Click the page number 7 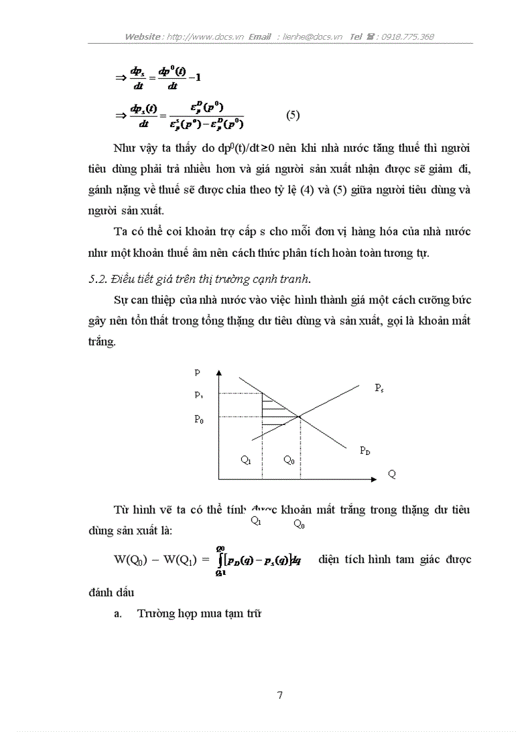(x=280, y=695)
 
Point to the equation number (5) (x=293, y=115)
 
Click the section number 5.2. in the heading (x=98, y=280)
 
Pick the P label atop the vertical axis (x=198, y=373)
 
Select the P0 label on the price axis (x=199, y=420)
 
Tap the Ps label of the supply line (x=379, y=388)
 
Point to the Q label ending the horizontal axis (x=392, y=475)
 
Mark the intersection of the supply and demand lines (x=300, y=417)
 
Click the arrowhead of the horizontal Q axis (x=374, y=480)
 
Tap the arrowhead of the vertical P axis (x=220, y=372)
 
